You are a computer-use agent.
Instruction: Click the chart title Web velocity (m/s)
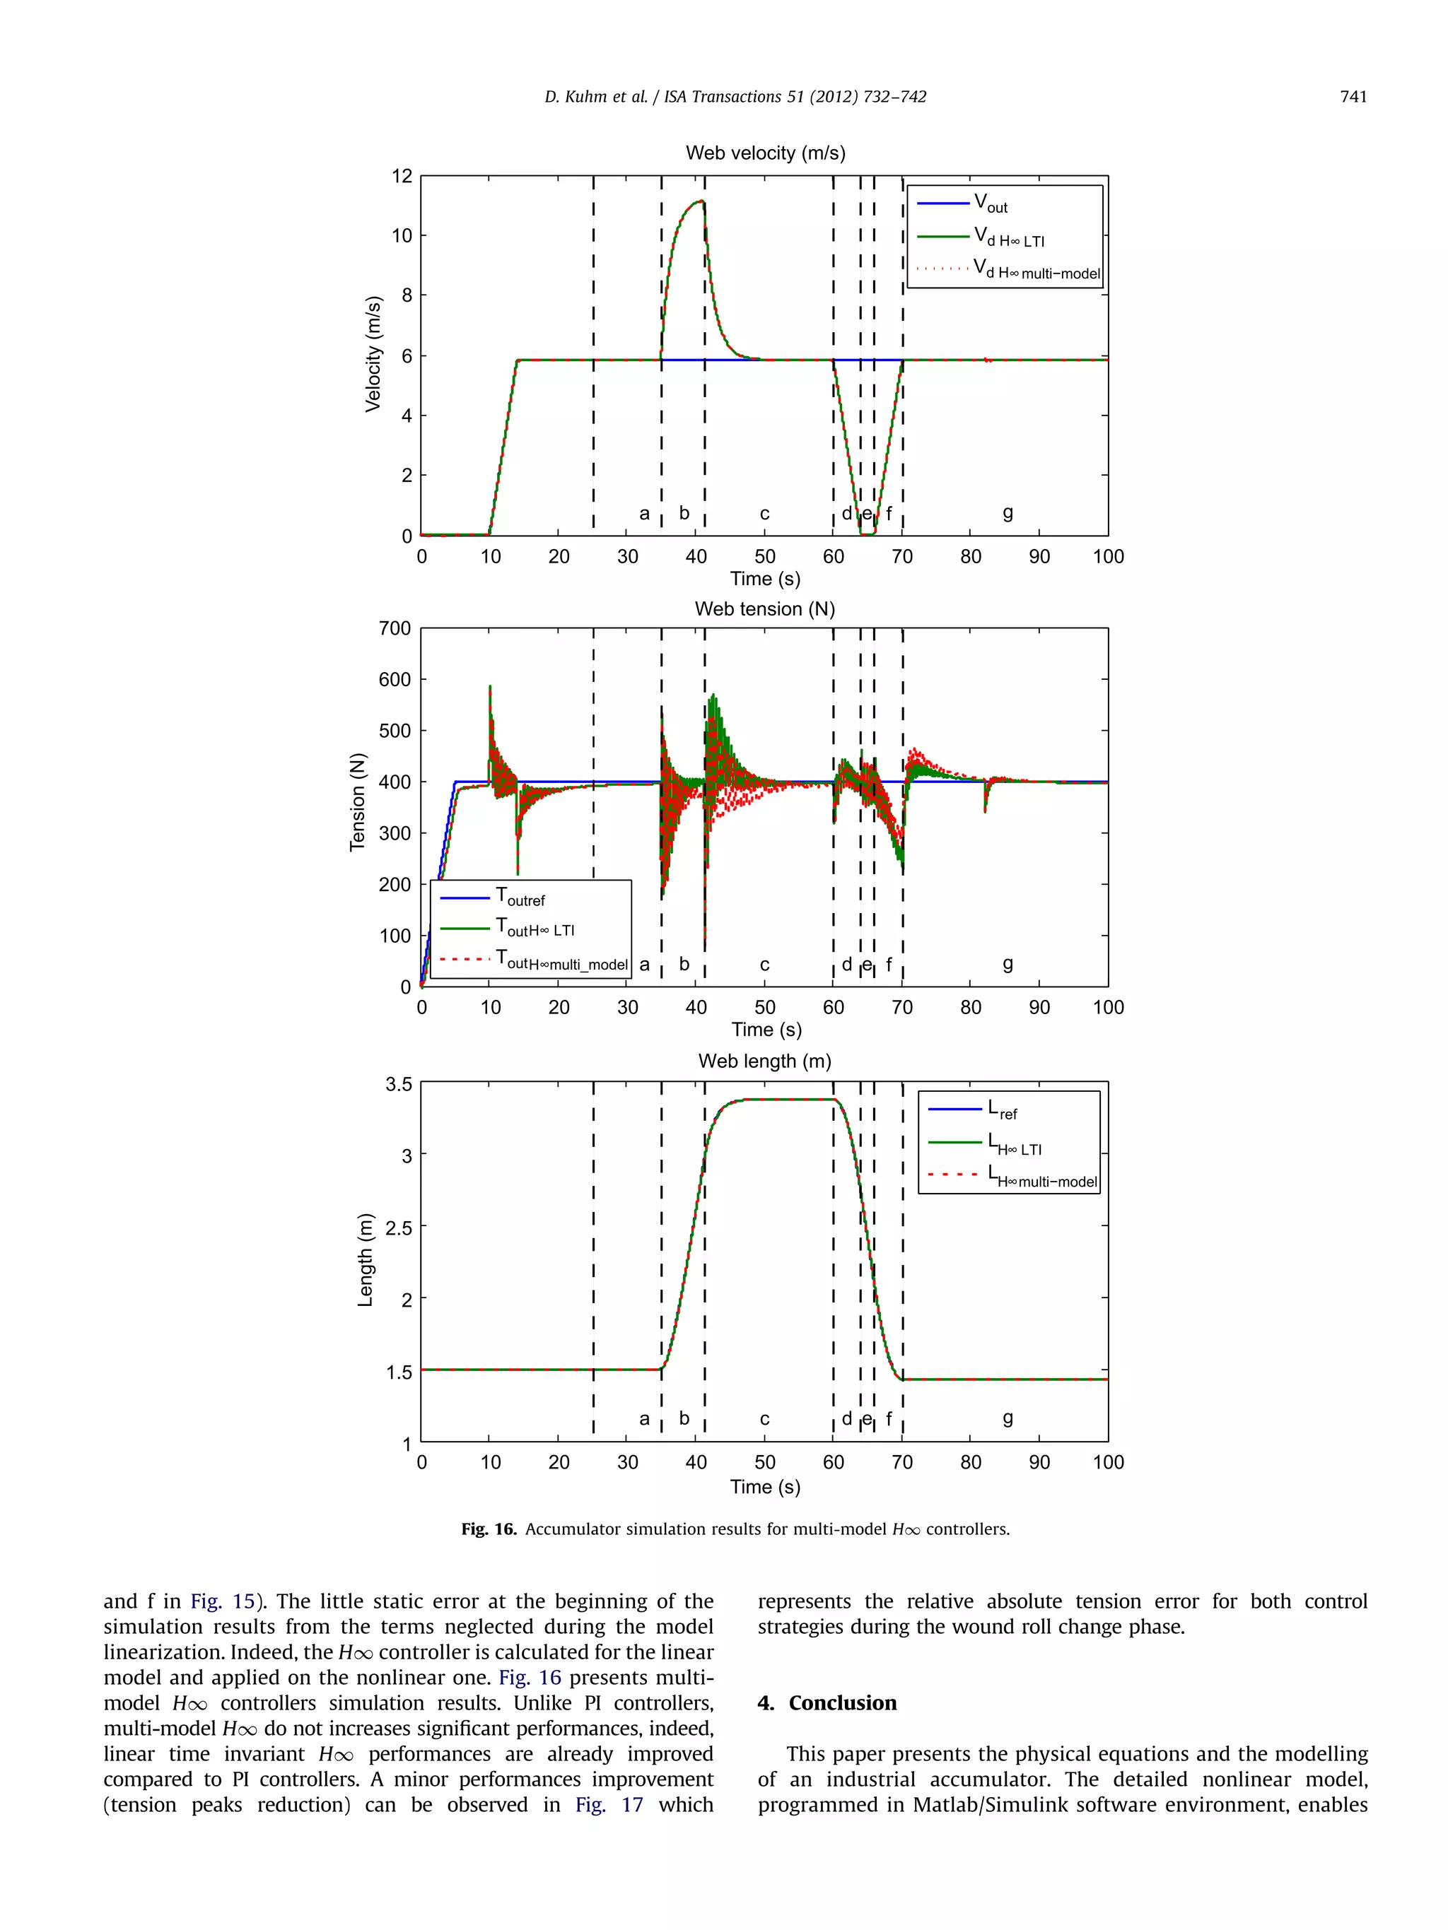[x=764, y=153]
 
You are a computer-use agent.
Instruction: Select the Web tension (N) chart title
[x=764, y=609]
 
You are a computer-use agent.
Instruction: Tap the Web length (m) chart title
[x=764, y=1061]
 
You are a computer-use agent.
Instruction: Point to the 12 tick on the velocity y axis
[x=402, y=176]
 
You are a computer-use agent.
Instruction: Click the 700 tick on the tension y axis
[x=395, y=628]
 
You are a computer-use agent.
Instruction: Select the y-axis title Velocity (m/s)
[x=373, y=353]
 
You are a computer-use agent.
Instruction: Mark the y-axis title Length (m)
[x=365, y=1260]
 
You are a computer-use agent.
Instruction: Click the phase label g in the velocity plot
[x=1008, y=513]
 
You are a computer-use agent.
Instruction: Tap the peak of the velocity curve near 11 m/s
[x=699, y=201]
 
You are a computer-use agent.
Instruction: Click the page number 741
[x=1353, y=97]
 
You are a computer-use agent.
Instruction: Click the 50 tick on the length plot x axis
[x=764, y=1462]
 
